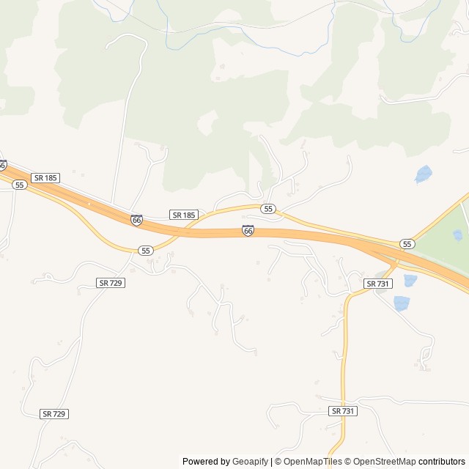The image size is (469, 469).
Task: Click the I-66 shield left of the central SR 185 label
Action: (x=137, y=219)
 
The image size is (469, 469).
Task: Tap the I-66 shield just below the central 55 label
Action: (x=248, y=231)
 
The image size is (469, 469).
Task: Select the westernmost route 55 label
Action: (x=20, y=185)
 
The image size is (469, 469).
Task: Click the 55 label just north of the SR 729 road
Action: (x=146, y=251)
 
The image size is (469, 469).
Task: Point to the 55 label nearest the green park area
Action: (x=407, y=243)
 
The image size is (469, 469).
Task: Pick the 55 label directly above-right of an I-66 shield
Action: (x=269, y=209)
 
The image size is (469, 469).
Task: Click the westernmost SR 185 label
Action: (x=45, y=177)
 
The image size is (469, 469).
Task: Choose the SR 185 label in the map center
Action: (x=183, y=215)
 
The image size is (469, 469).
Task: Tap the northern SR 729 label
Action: (x=110, y=282)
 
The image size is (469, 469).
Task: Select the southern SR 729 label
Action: (x=54, y=414)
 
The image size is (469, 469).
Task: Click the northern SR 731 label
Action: (x=378, y=284)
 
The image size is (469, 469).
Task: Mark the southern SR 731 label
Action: (x=343, y=411)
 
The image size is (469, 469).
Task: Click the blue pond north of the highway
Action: (x=424, y=174)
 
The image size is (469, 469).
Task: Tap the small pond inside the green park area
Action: (x=458, y=235)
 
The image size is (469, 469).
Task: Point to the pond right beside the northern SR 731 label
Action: (x=410, y=280)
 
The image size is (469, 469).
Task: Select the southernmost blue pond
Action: (x=402, y=303)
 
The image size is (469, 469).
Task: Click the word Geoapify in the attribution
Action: (x=250, y=462)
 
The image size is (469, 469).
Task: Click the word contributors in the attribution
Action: (x=442, y=462)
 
